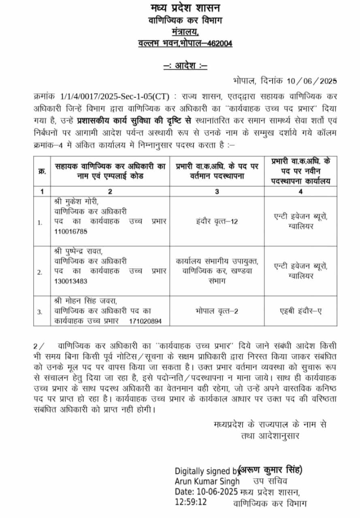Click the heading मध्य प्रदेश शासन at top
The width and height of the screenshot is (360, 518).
pos(180,8)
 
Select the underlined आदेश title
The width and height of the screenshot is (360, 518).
pos(180,66)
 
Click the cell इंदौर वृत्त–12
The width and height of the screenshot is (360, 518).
pos(217,222)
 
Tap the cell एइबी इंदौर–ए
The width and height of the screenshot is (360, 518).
pos(300,312)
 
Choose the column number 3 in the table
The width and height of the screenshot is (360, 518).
pos(217,191)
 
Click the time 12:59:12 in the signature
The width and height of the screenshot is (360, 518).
pos(191,502)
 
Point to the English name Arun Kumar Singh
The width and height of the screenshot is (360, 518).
pos(207,481)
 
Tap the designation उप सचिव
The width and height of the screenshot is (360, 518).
pos(270,481)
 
